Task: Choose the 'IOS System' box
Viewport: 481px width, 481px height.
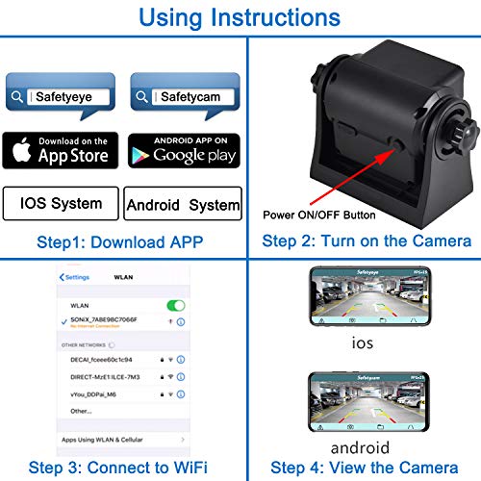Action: (61, 203)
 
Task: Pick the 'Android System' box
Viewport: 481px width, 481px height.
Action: (183, 204)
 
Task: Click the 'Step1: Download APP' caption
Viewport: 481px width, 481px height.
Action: (121, 240)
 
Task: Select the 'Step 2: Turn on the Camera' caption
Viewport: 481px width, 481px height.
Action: (367, 240)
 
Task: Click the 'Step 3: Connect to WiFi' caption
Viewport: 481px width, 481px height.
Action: (120, 468)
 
